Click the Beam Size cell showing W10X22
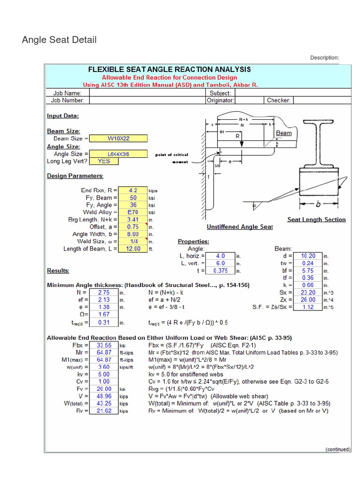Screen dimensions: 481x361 point(118,139)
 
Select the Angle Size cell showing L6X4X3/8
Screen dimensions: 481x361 point(118,154)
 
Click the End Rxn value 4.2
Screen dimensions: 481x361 point(133,190)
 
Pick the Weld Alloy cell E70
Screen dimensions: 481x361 point(133,212)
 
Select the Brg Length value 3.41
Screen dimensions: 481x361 point(133,219)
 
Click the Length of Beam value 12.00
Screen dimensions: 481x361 point(133,248)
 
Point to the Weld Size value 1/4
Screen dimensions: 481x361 point(133,241)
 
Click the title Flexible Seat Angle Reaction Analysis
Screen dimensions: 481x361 point(169,70)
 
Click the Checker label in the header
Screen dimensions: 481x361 point(279,100)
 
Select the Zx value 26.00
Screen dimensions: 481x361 point(308,299)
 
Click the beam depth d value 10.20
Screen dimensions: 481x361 point(308,256)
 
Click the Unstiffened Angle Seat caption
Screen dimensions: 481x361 point(240,227)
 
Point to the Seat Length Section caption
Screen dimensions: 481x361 point(316,219)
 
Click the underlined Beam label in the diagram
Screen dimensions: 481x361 point(283,133)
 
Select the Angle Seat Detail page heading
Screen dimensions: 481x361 point(59,39)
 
